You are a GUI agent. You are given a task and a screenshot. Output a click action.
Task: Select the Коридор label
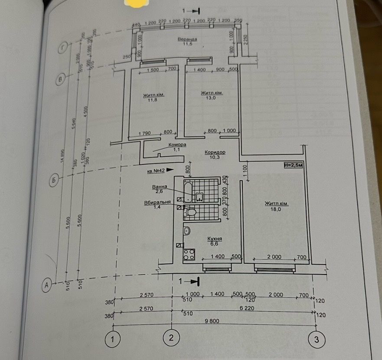(215, 153)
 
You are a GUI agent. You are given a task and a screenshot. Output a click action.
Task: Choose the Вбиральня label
(157, 203)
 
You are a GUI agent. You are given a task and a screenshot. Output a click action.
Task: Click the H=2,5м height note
(294, 165)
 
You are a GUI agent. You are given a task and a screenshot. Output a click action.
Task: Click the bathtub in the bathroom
(188, 192)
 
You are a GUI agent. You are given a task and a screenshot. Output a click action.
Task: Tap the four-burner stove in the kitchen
(189, 254)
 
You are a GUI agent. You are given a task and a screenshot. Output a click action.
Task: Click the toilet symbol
(190, 212)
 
